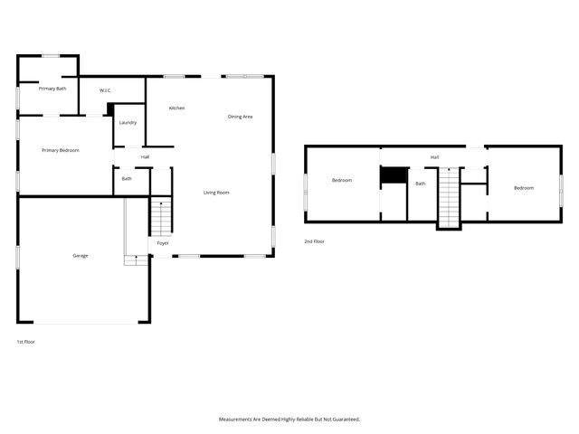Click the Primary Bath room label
[x=52, y=89]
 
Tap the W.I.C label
[x=105, y=90]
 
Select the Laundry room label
[x=128, y=122]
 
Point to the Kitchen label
[x=176, y=108]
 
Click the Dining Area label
[x=240, y=116]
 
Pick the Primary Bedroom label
[x=60, y=150]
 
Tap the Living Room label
[x=215, y=192]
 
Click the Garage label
[x=81, y=256]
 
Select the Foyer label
[x=163, y=243]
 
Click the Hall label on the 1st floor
[x=145, y=157]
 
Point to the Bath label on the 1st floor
[x=128, y=178]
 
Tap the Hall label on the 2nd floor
[x=434, y=157]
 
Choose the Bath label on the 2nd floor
[x=420, y=184]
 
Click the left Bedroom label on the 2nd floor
[x=341, y=181]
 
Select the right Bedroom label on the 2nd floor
[x=523, y=187]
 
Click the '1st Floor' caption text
[x=26, y=342]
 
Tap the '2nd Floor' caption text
[x=314, y=241]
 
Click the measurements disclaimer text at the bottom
[x=289, y=419]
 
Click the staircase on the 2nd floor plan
[x=449, y=197]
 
